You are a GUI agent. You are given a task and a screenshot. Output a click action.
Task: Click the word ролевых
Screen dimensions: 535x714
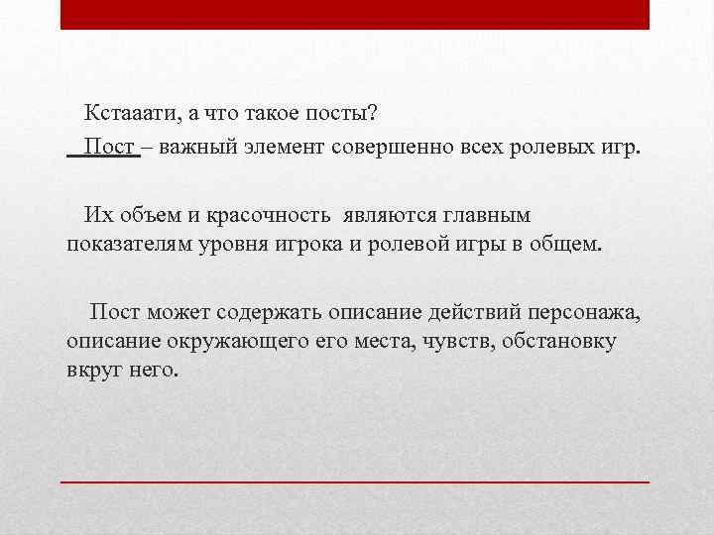click(x=550, y=148)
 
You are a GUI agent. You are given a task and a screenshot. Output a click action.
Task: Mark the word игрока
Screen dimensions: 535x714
click(x=306, y=245)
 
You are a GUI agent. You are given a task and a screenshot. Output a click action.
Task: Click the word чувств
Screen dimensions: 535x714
click(x=454, y=342)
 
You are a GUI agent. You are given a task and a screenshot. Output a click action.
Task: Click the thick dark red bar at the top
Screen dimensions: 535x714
click(x=355, y=14)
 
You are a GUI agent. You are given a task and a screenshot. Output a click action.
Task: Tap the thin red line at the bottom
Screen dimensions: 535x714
click(x=355, y=481)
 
